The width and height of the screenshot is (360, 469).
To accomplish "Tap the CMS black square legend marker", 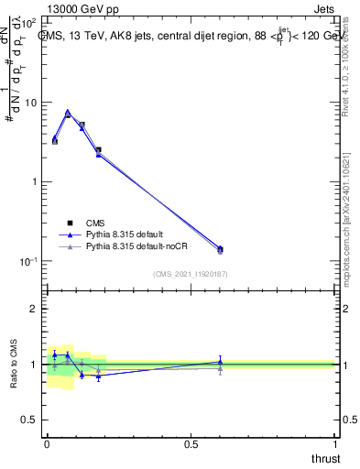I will (x=69, y=223).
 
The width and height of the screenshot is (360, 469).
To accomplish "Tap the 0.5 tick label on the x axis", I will (x=191, y=443).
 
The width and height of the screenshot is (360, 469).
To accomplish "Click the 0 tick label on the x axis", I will (x=46, y=443).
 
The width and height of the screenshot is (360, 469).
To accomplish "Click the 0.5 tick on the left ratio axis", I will (x=30, y=420).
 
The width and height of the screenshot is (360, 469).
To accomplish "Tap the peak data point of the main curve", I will (x=68, y=113).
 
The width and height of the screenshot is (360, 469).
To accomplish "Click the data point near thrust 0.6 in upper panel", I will (x=220, y=249).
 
